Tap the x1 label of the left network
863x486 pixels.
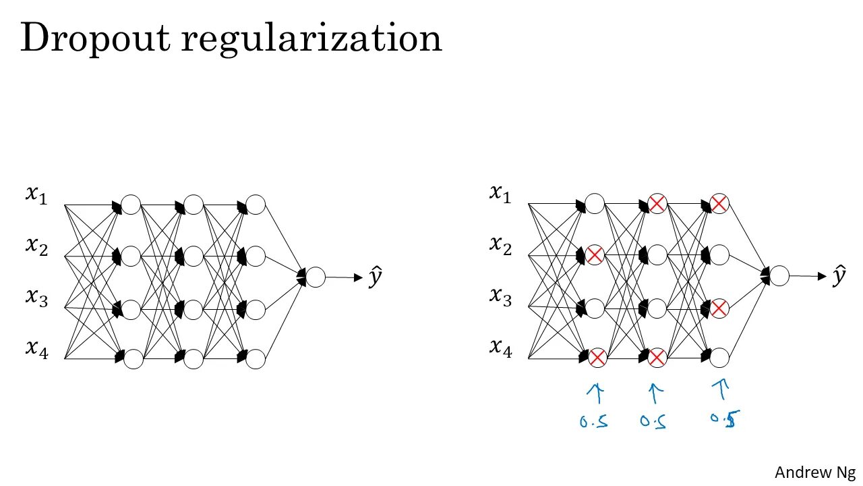click(x=36, y=195)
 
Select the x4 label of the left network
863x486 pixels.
click(x=36, y=349)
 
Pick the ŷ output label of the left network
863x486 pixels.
click(x=376, y=277)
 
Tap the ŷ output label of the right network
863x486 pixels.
click(x=839, y=275)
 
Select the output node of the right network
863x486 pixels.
click(x=779, y=275)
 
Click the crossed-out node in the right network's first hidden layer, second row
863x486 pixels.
click(x=594, y=255)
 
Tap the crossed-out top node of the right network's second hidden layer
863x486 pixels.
click(x=657, y=203)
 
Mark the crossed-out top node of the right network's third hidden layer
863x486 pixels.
click(x=719, y=203)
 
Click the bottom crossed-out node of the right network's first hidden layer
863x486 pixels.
click(x=597, y=358)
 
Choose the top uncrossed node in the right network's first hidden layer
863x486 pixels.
click(x=594, y=203)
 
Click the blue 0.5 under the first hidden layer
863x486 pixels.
click(x=593, y=422)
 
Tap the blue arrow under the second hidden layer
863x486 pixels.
click(x=655, y=394)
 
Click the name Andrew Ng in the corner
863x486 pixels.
click(x=814, y=472)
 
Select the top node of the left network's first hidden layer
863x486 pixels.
click(x=130, y=204)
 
